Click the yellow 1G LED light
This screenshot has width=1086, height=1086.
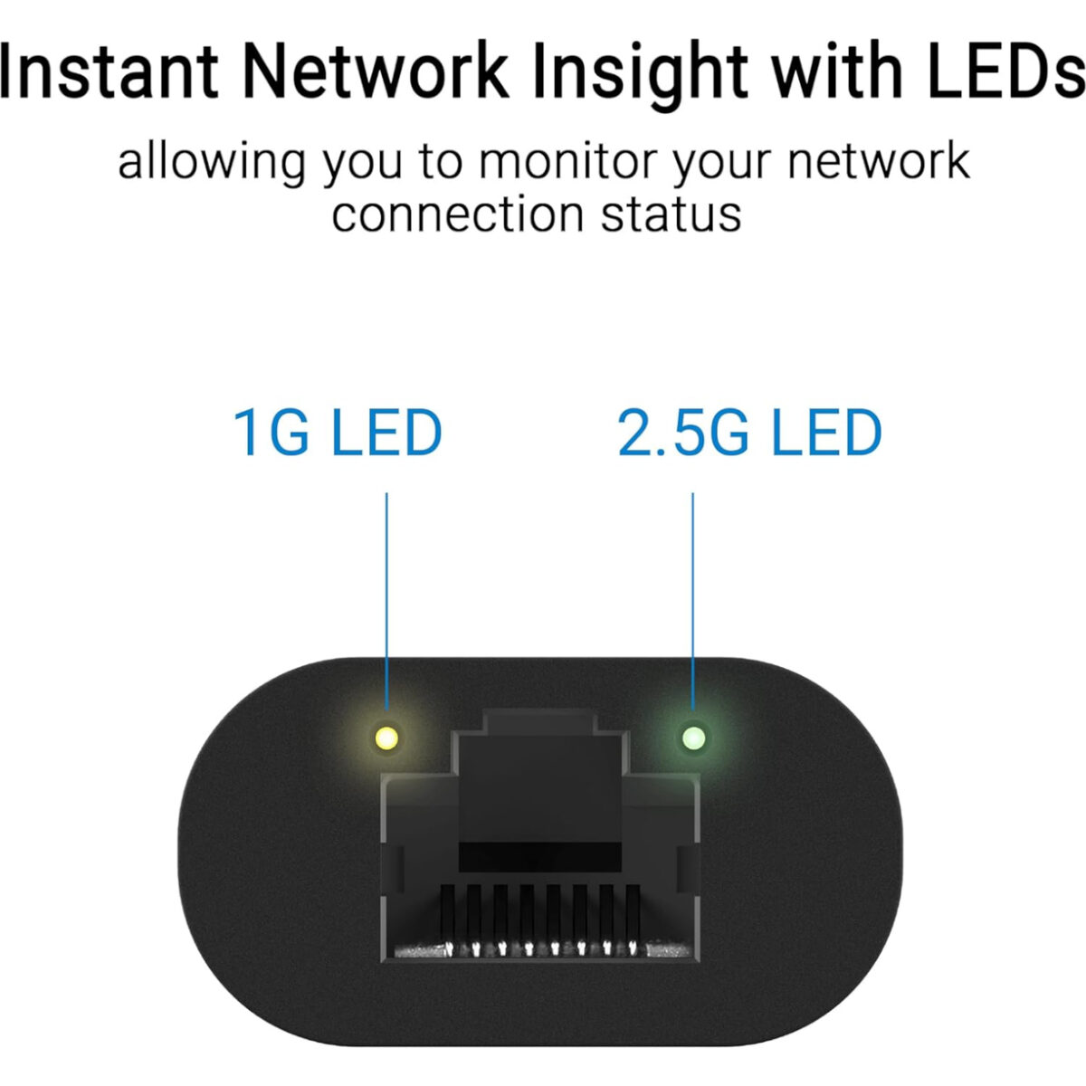tap(387, 738)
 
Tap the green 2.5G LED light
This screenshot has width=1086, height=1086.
tap(694, 738)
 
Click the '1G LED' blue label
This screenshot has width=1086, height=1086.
tap(338, 433)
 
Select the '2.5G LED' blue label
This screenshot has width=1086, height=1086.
tap(749, 433)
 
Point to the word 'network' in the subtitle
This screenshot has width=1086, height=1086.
tap(878, 163)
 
